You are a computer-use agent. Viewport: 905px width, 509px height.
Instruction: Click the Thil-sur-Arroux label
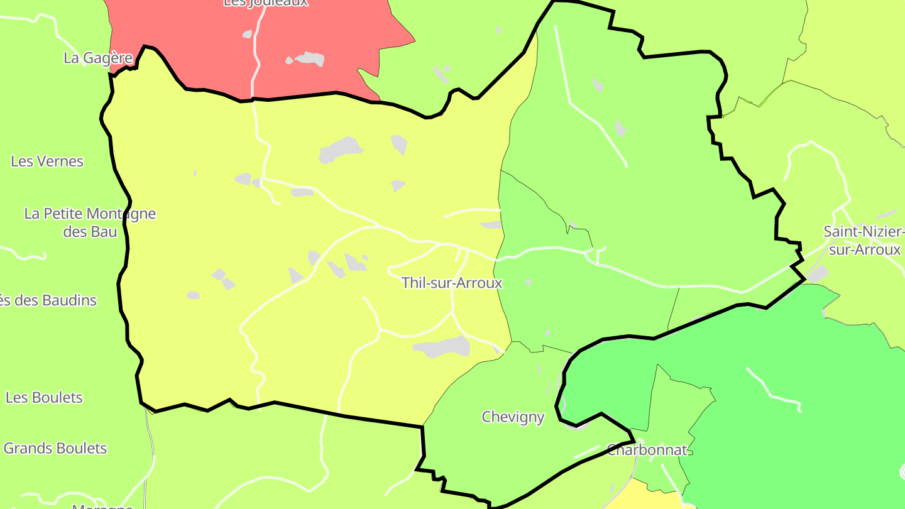pos(452,283)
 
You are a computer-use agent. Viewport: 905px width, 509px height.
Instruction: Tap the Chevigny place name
pos(513,417)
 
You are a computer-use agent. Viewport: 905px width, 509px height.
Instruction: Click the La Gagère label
pos(98,58)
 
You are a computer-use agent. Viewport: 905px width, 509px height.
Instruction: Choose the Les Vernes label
pos(47,161)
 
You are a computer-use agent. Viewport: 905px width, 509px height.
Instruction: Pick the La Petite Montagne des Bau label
pos(90,222)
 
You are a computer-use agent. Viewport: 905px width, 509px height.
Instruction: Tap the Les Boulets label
pos(44,398)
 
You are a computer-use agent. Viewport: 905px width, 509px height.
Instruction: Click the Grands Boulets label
pos(55,449)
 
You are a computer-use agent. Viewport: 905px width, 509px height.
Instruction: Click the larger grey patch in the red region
pos(310,59)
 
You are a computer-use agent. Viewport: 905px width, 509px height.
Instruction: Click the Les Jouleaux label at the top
pos(266,3)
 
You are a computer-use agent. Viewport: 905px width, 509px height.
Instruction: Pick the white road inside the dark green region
pos(773,390)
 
